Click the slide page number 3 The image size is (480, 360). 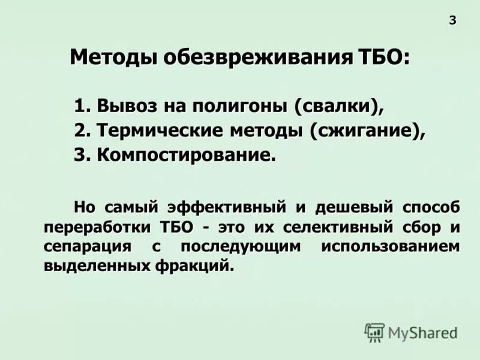coord(452,20)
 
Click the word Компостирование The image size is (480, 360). coord(187,155)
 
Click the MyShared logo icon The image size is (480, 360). coord(374,332)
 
